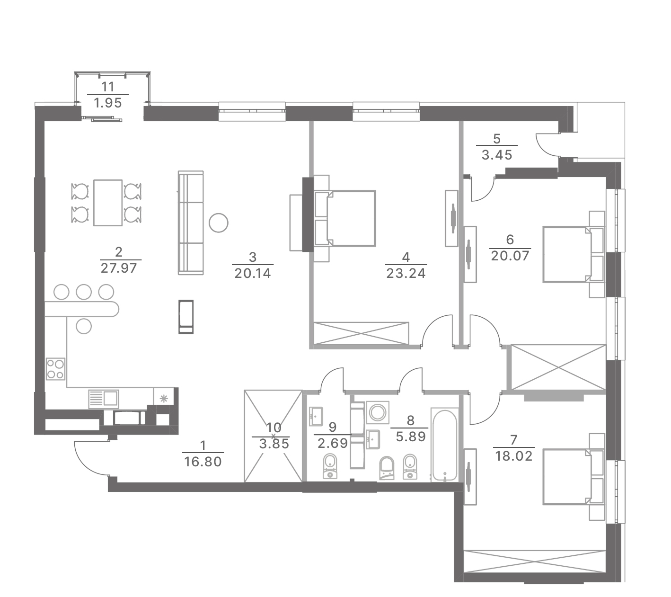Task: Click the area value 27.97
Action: point(118,268)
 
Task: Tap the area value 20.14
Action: point(253,273)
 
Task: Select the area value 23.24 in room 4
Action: point(406,273)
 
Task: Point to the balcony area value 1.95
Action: point(107,103)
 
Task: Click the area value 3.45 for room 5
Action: point(497,155)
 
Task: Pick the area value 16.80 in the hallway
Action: point(203,462)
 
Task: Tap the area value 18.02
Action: point(514,456)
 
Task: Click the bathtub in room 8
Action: point(444,445)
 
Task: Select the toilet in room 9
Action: point(330,466)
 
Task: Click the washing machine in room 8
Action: point(378,412)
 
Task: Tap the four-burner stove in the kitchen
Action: point(55,369)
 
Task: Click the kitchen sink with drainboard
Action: point(103,399)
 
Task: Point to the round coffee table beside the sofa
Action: point(219,223)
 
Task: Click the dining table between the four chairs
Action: point(108,203)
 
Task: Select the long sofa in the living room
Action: point(191,223)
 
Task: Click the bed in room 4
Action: point(344,218)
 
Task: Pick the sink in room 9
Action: point(316,417)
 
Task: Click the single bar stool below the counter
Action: point(83,326)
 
